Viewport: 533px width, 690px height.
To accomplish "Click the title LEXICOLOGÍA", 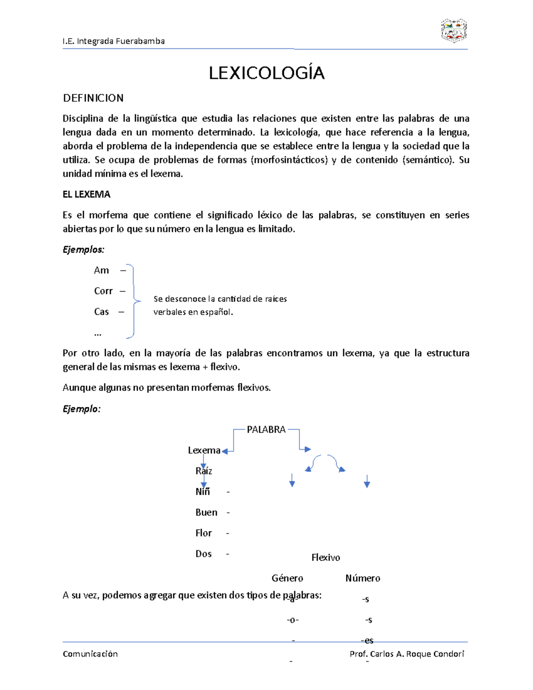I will [266, 73].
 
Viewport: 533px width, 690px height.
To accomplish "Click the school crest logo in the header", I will [453, 31].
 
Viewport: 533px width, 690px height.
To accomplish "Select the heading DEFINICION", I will [93, 98].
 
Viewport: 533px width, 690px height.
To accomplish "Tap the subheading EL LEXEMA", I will [87, 194].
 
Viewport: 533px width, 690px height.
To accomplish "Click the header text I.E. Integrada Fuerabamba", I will [114, 41].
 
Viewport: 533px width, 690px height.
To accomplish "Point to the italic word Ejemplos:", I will [84, 250].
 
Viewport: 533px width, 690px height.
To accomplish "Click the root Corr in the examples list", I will [103, 291].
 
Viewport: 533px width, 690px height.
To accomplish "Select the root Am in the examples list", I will [101, 270].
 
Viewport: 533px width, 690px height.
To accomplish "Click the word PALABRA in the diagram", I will [266, 430].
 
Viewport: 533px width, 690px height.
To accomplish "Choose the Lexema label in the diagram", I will [204, 451].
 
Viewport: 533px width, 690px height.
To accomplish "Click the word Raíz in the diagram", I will [204, 471].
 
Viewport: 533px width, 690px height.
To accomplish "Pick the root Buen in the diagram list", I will [207, 512].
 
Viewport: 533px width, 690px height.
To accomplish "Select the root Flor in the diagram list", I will [203, 533].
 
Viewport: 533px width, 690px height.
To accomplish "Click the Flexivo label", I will [326, 558].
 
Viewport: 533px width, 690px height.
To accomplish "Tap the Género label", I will [287, 578].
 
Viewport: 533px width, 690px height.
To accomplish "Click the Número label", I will [363, 578].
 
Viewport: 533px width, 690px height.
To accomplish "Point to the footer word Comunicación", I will [90, 654].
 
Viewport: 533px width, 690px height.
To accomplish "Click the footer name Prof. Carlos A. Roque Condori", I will [407, 654].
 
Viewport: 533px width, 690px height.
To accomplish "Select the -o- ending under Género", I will [293, 620].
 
